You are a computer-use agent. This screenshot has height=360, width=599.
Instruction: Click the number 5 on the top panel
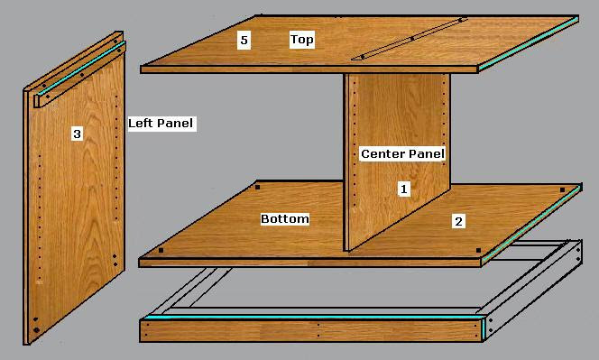tap(243, 39)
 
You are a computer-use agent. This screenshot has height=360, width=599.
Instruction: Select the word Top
tap(301, 39)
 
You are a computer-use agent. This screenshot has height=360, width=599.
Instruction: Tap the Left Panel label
tap(161, 123)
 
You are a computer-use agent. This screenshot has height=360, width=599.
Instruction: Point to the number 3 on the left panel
tap(77, 134)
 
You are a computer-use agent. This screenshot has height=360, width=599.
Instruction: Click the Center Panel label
tap(402, 154)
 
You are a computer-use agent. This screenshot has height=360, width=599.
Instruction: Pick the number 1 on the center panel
tap(404, 189)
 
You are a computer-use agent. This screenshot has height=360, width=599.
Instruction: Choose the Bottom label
tap(285, 219)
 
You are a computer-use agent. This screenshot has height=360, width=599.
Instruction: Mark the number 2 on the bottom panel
tap(458, 220)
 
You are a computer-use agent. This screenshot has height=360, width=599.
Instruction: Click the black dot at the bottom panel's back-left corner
tap(257, 188)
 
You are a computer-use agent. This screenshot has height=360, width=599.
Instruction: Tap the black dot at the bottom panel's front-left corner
tap(161, 250)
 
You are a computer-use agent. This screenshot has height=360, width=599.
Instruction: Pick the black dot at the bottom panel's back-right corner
tap(565, 189)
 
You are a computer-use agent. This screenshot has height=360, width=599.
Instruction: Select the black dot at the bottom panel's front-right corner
tap(479, 250)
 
